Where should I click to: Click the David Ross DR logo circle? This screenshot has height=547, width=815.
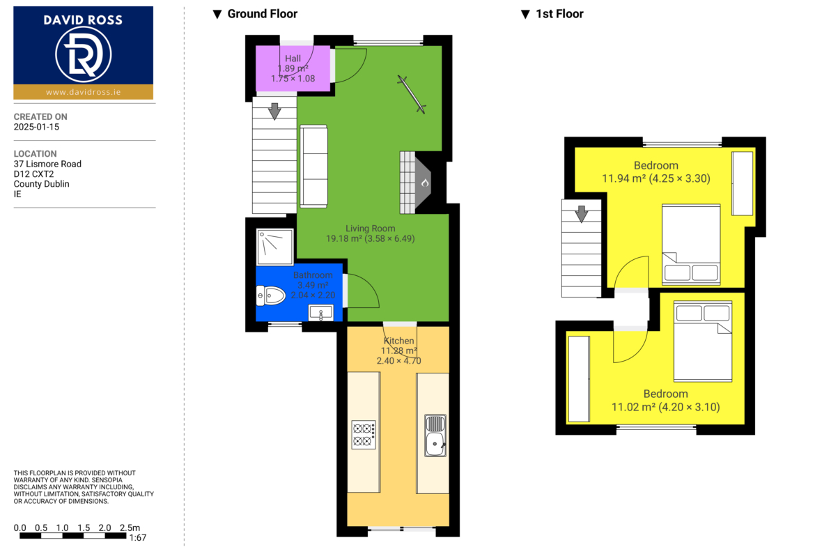(x=83, y=54)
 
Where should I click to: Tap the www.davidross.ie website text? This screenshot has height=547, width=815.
(x=83, y=92)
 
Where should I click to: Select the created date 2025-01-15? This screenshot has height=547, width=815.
(x=36, y=127)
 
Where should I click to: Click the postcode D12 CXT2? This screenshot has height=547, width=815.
(x=34, y=174)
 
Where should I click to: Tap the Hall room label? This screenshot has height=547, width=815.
(x=293, y=59)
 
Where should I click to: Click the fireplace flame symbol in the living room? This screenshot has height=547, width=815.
(x=425, y=183)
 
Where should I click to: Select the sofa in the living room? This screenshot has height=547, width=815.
(x=314, y=167)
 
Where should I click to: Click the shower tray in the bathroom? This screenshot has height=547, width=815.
(x=275, y=246)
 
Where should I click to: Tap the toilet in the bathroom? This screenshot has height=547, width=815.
(x=271, y=296)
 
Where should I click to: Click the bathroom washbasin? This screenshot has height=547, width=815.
(x=320, y=313)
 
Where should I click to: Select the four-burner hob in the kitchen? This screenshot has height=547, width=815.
(x=364, y=435)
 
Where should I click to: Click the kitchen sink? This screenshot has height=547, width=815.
(x=435, y=436)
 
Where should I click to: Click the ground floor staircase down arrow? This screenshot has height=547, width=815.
(x=274, y=111)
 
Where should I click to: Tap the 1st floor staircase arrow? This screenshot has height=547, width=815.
(x=582, y=214)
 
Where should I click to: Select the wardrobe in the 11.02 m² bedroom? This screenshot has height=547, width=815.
(x=579, y=379)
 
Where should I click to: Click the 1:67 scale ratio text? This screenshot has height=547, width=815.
(x=138, y=538)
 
